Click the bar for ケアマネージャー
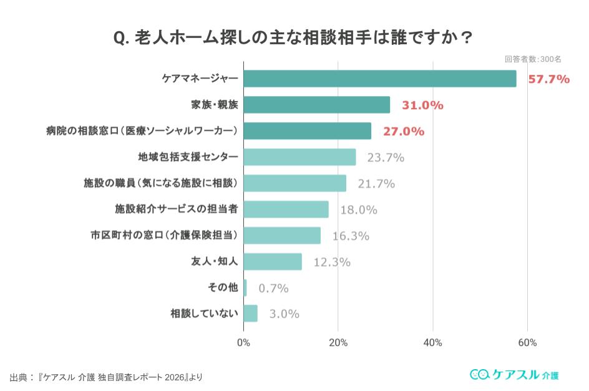point(379,79)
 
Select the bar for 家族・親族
point(316,105)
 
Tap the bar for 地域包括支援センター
point(299,157)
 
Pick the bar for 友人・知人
point(273,261)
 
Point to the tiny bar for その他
point(245,287)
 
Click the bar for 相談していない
point(250,313)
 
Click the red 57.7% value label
point(548,79)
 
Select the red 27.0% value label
point(404,132)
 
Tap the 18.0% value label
point(359,210)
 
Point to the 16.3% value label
point(351,236)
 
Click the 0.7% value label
point(273,288)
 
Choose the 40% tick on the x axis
point(432,343)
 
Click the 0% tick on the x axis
point(243,343)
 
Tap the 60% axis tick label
point(527,343)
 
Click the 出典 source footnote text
point(106,377)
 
